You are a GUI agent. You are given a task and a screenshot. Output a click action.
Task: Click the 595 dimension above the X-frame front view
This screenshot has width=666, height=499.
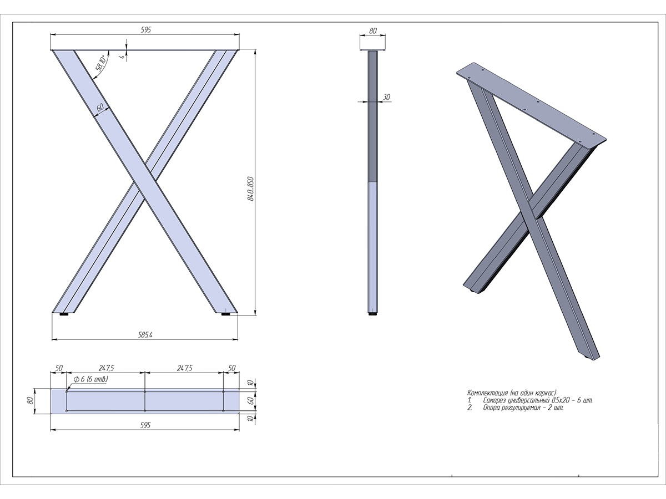coord(145,30)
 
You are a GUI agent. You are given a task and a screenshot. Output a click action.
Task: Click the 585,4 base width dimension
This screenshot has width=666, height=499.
coord(145,335)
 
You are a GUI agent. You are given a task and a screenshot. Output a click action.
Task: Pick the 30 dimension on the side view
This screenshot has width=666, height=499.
coord(386,97)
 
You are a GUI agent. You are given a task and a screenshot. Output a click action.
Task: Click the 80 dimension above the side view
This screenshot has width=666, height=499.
coord(372,30)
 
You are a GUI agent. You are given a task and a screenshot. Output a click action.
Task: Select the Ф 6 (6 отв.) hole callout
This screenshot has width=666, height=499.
coord(90,379)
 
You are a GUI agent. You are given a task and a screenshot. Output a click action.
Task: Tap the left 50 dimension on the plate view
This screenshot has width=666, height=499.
coord(59,368)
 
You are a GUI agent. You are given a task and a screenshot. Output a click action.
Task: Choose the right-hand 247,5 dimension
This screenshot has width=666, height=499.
coord(184,368)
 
